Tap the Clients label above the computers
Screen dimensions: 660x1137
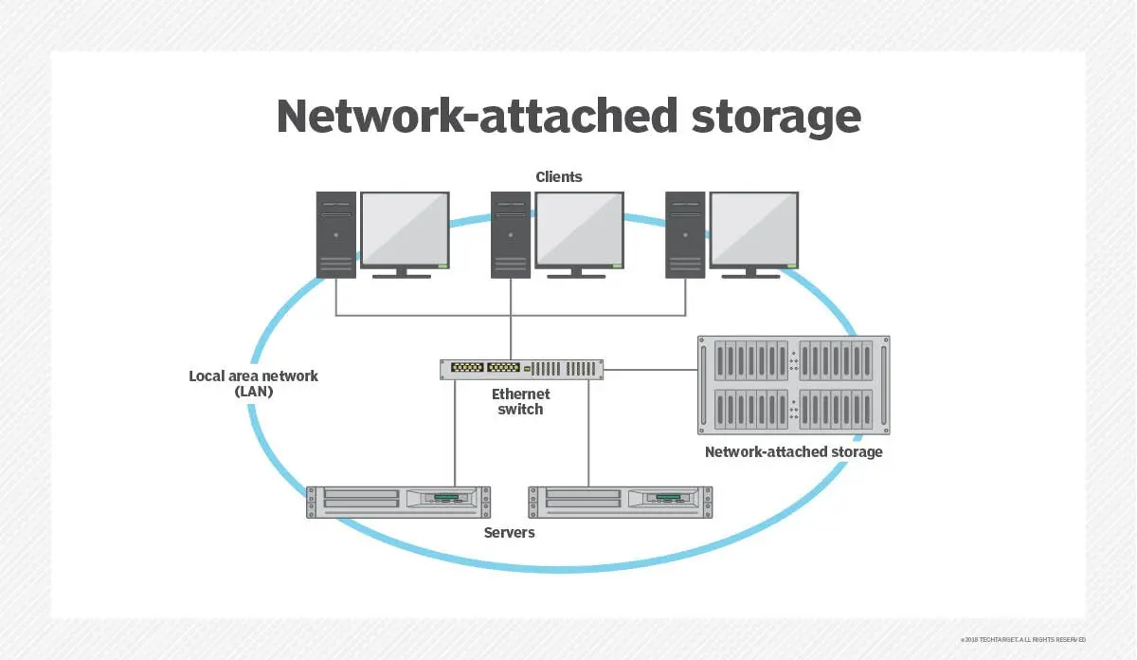click(x=559, y=176)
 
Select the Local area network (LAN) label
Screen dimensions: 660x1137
click(x=253, y=383)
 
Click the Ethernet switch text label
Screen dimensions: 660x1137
click(x=520, y=401)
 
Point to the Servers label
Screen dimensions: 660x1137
click(x=509, y=532)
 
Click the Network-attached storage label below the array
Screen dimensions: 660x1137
click(x=793, y=451)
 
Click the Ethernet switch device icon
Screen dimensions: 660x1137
click(x=521, y=369)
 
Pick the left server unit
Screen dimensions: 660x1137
click(x=399, y=501)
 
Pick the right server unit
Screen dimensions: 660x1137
click(x=621, y=501)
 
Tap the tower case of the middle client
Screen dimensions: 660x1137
click(x=511, y=234)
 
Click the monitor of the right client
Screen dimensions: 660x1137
click(x=754, y=230)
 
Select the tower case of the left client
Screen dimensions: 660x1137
click(x=336, y=234)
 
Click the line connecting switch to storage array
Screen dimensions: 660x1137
click(x=650, y=369)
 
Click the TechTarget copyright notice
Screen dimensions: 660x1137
click(x=1022, y=639)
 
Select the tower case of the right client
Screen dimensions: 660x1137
click(x=685, y=234)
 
